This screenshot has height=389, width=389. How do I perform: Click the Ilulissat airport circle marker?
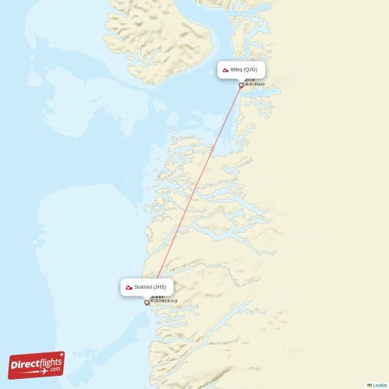tap(241, 85)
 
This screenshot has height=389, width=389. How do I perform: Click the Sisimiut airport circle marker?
tap(146, 303)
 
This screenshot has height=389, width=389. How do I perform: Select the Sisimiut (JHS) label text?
tap(149, 287)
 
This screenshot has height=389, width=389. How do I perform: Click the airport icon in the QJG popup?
tap(226, 70)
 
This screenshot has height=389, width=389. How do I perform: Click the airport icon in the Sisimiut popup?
tap(129, 288)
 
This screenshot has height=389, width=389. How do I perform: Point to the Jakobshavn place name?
tap(254, 84)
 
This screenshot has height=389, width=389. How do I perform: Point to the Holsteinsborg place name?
tap(163, 300)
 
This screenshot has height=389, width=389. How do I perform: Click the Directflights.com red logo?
tap(37, 364)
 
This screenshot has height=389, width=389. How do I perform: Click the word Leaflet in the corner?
tap(379, 385)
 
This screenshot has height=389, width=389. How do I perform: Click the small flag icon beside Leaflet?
tap(370, 385)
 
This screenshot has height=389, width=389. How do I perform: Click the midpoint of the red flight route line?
tap(194, 194)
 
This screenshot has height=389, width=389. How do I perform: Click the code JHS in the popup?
tap(159, 287)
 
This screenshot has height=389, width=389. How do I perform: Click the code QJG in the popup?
tap(250, 70)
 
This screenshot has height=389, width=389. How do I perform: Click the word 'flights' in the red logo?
tap(49, 360)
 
